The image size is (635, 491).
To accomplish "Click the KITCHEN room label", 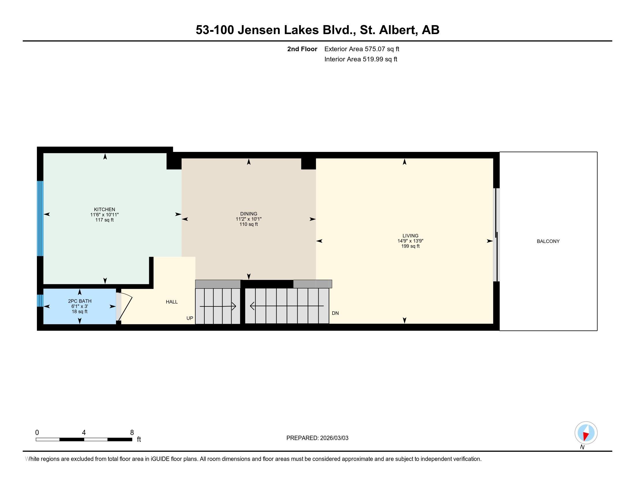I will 104,209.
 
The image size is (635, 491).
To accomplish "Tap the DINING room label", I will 249,214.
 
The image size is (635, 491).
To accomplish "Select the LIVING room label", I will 410,236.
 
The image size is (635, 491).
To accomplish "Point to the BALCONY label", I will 548,241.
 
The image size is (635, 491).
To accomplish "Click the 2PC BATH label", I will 80,301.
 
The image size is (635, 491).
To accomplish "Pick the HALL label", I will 171,302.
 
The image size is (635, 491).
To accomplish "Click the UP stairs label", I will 190,318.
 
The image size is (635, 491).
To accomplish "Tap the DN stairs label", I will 335,313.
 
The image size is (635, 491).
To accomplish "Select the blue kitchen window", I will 40,218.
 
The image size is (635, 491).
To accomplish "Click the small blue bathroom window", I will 40,301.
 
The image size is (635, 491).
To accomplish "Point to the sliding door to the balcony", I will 497,235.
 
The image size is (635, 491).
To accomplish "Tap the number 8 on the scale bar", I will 132,433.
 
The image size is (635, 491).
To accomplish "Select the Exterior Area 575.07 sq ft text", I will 362,49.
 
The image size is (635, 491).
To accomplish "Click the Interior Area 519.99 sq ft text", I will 361,59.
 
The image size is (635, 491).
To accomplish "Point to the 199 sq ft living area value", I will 410,246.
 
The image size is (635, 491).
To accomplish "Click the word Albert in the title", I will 397,30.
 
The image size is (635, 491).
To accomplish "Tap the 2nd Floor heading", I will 302,49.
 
